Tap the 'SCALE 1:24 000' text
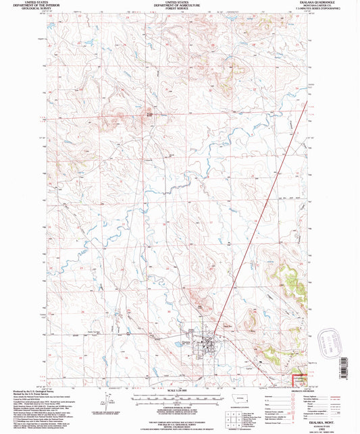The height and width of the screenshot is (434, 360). point(180,389)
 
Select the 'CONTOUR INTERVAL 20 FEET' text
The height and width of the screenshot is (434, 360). point(180,402)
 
